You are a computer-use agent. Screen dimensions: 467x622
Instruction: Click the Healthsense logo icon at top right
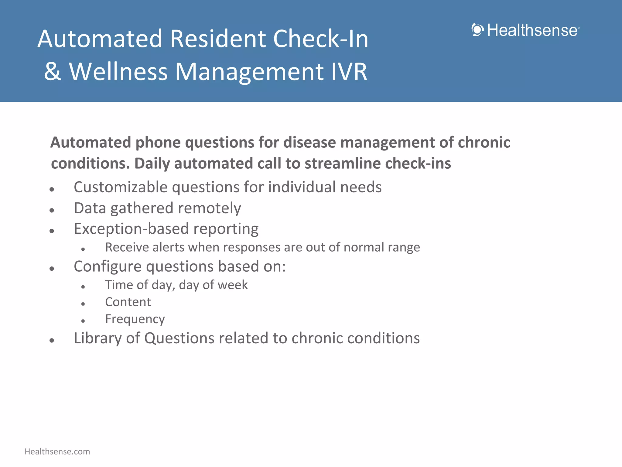tap(478, 30)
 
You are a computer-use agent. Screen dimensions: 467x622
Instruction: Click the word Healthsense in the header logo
tap(532, 30)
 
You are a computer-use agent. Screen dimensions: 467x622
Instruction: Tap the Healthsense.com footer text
tap(57, 452)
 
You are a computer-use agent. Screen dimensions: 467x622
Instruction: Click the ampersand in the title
tap(53, 72)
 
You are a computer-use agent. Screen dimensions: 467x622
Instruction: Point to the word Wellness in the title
tap(118, 72)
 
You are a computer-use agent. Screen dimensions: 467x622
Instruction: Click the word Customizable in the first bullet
tap(121, 187)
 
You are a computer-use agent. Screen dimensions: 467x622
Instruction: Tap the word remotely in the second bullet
tap(210, 208)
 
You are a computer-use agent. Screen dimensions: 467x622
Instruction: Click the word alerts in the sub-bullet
tap(168, 247)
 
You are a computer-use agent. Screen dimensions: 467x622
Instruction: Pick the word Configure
tap(108, 266)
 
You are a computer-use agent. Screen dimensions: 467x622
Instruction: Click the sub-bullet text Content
tap(128, 302)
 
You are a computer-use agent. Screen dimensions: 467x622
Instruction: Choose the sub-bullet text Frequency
tap(135, 319)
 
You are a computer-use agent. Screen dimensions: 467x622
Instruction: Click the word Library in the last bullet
tap(97, 338)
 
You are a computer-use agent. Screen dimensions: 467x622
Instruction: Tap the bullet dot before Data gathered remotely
tap(52, 210)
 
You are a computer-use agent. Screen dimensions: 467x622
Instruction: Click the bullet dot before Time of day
tap(83, 287)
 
